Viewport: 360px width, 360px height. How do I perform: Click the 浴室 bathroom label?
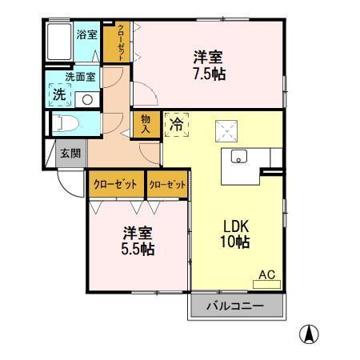point(86,35)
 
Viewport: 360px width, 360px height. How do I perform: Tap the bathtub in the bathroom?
point(58,42)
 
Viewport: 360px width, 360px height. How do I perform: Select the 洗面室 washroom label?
point(80,78)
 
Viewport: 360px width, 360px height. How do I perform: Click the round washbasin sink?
point(87,99)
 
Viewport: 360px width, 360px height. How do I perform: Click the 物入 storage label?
point(146,123)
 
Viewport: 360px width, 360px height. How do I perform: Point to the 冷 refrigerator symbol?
point(178,124)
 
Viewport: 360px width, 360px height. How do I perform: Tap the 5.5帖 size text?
point(138,249)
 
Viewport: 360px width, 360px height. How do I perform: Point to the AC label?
point(266,275)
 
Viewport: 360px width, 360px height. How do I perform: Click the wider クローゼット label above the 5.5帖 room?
point(116,184)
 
